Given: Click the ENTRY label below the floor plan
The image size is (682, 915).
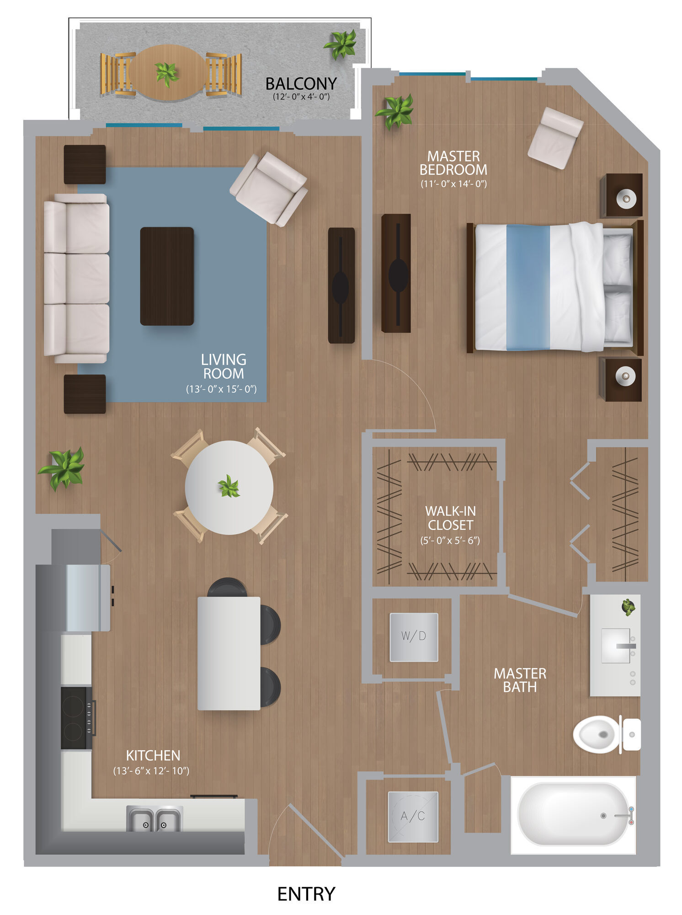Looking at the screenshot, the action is click(306, 893).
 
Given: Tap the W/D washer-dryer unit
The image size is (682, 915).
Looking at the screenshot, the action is click(414, 637).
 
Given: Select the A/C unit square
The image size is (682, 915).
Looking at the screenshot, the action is click(413, 817).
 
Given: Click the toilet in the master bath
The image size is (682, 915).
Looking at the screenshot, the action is click(607, 734).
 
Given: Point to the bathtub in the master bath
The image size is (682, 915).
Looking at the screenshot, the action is click(573, 815).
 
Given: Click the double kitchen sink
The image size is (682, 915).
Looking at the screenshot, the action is click(155, 819).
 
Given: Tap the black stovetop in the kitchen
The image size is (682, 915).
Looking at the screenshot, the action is click(76, 718).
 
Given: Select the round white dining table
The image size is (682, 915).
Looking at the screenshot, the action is click(229, 487).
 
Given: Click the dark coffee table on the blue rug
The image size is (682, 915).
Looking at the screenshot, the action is click(167, 276).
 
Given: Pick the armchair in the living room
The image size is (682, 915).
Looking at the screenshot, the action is click(269, 188).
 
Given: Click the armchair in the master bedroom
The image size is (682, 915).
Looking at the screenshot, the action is click(555, 138).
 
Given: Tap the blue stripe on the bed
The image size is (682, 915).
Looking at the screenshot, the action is click(528, 287).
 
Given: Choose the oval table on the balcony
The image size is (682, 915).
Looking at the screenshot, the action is click(167, 73).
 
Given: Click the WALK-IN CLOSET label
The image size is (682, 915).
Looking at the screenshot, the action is click(450, 518).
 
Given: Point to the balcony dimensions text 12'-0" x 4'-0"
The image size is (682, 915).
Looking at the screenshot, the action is click(301, 97).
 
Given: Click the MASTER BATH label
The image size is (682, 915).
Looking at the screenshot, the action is click(520, 680).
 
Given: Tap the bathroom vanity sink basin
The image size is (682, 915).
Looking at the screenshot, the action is click(616, 646).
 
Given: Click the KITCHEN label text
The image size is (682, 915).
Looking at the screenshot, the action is click(153, 755).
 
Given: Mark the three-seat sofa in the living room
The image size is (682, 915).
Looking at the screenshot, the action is click(76, 278).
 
